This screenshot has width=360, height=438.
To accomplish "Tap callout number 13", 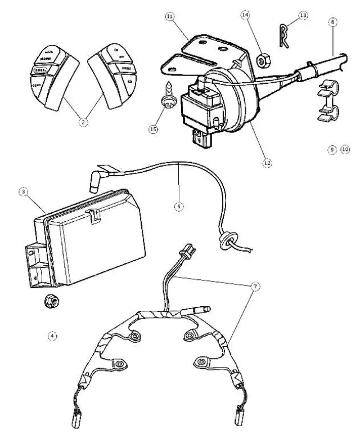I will click(x=303, y=15).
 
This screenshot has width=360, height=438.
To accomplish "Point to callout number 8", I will click(x=334, y=22).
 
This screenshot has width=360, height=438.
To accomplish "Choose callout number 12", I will click(x=267, y=162).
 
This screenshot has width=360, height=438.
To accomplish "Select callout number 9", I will click(x=332, y=150).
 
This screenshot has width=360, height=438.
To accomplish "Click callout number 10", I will click(x=345, y=150).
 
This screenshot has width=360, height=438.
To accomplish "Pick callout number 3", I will click(x=24, y=193).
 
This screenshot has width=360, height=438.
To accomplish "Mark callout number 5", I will click(x=178, y=207).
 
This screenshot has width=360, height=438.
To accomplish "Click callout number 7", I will click(x=256, y=287).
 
